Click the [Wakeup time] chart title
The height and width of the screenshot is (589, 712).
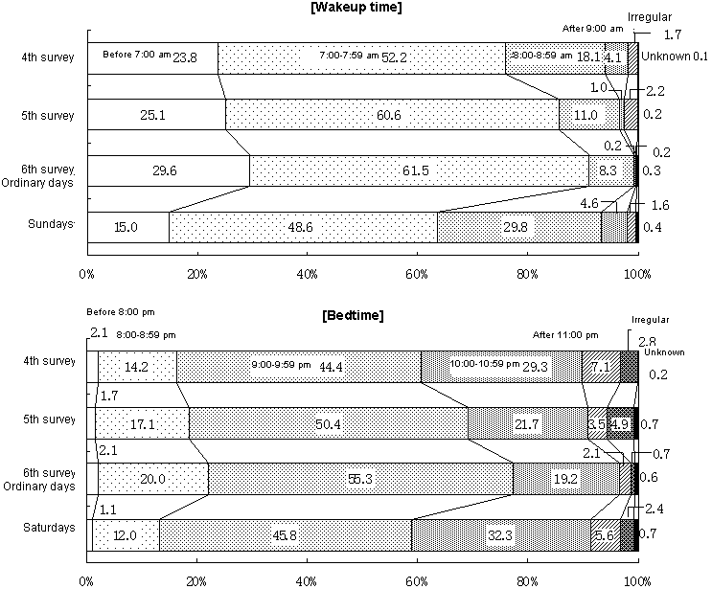(x=356, y=8)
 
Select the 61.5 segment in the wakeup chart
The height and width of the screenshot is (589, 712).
(x=419, y=170)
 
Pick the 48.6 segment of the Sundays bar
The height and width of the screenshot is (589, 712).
(x=303, y=227)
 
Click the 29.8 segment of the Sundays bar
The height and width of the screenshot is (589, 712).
(x=518, y=227)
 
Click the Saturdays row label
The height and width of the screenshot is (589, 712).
(x=50, y=527)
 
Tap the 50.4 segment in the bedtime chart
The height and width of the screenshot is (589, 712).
(x=329, y=422)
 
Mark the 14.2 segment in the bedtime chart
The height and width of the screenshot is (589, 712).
(x=137, y=366)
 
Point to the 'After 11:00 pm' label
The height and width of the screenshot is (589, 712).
(x=565, y=334)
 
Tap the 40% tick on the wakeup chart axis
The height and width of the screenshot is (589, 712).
(x=308, y=274)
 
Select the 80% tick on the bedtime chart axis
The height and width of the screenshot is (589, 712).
(x=528, y=579)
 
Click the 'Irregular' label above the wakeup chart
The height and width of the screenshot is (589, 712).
(x=649, y=17)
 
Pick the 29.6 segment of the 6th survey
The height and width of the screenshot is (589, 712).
(x=168, y=170)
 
